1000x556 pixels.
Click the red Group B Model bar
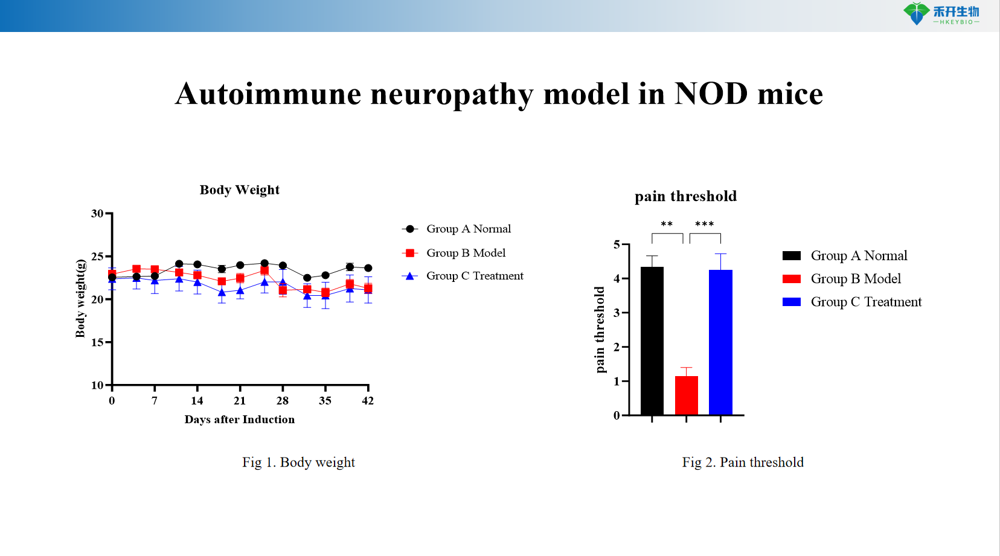tap(686, 395)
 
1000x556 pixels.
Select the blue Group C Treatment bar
tap(720, 342)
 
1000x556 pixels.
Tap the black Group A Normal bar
tap(652, 340)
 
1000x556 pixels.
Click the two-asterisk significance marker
tap(667, 225)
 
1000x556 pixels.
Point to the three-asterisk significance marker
tap(704, 225)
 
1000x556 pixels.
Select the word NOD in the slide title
tap(711, 94)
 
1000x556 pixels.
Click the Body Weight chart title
tap(240, 190)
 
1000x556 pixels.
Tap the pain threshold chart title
tap(685, 196)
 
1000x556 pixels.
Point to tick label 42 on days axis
tap(368, 401)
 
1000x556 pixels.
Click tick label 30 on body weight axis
tap(97, 214)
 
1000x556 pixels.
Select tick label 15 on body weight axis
tap(97, 342)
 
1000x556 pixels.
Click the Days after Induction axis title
tap(240, 420)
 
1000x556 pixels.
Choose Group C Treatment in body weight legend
tap(475, 276)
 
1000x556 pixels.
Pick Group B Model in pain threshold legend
tap(855, 279)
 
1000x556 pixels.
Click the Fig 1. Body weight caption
tap(298, 462)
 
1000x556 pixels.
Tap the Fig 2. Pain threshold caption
tap(743, 462)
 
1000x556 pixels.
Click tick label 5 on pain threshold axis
tap(617, 244)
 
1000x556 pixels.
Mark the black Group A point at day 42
tap(368, 268)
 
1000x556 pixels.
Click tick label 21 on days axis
tap(240, 401)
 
